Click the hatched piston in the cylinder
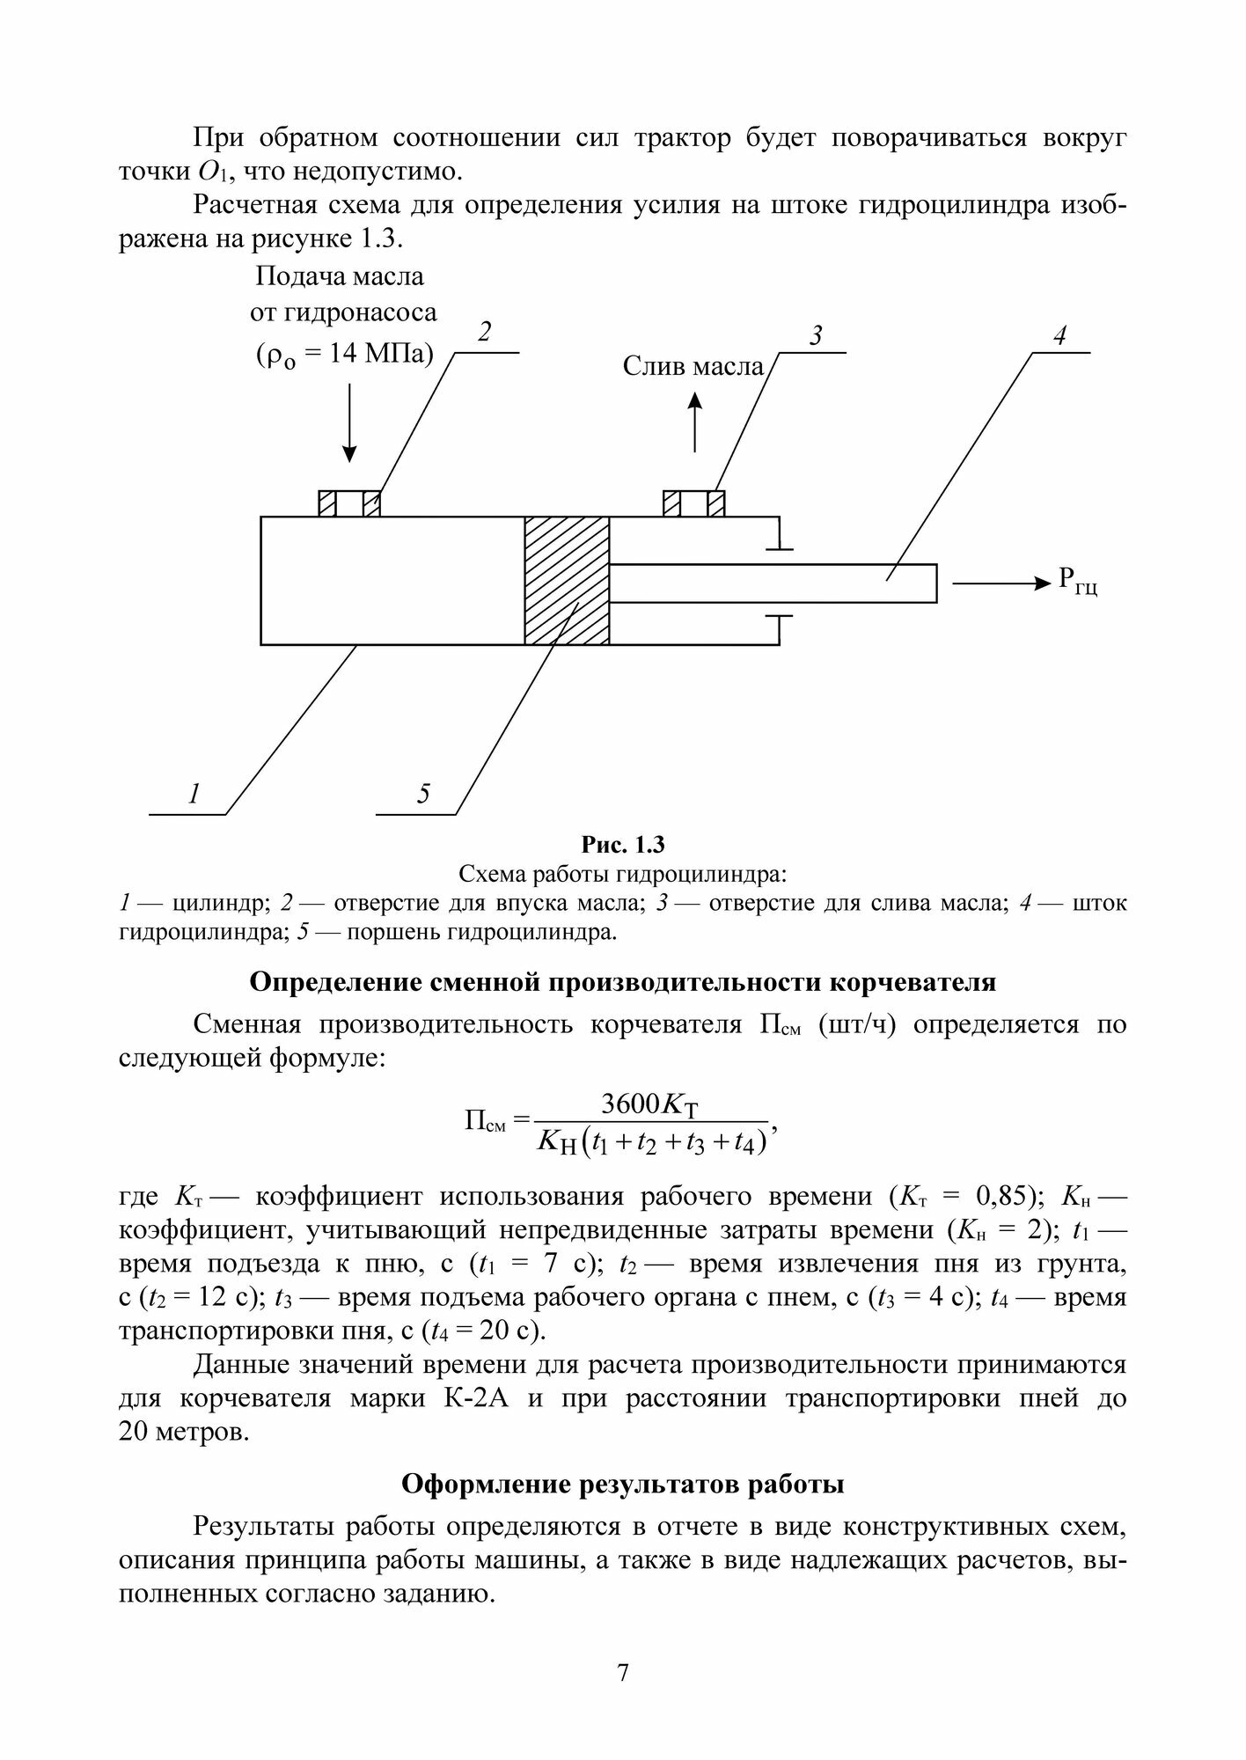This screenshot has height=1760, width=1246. coord(567,581)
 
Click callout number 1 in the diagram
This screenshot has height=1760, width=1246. coord(194,794)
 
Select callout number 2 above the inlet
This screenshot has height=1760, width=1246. coord(484,334)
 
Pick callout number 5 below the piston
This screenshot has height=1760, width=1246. coord(423,795)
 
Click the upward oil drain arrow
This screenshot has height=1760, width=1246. coord(695,422)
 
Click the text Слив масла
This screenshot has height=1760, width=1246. coord(693,366)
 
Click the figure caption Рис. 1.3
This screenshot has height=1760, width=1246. coord(622,845)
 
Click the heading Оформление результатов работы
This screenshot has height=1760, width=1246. coord(622,1485)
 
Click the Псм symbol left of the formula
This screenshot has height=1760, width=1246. coord(485,1121)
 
